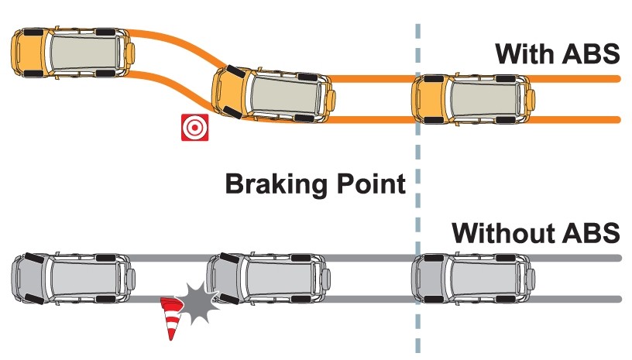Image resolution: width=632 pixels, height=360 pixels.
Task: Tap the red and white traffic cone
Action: [x=170, y=317]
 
